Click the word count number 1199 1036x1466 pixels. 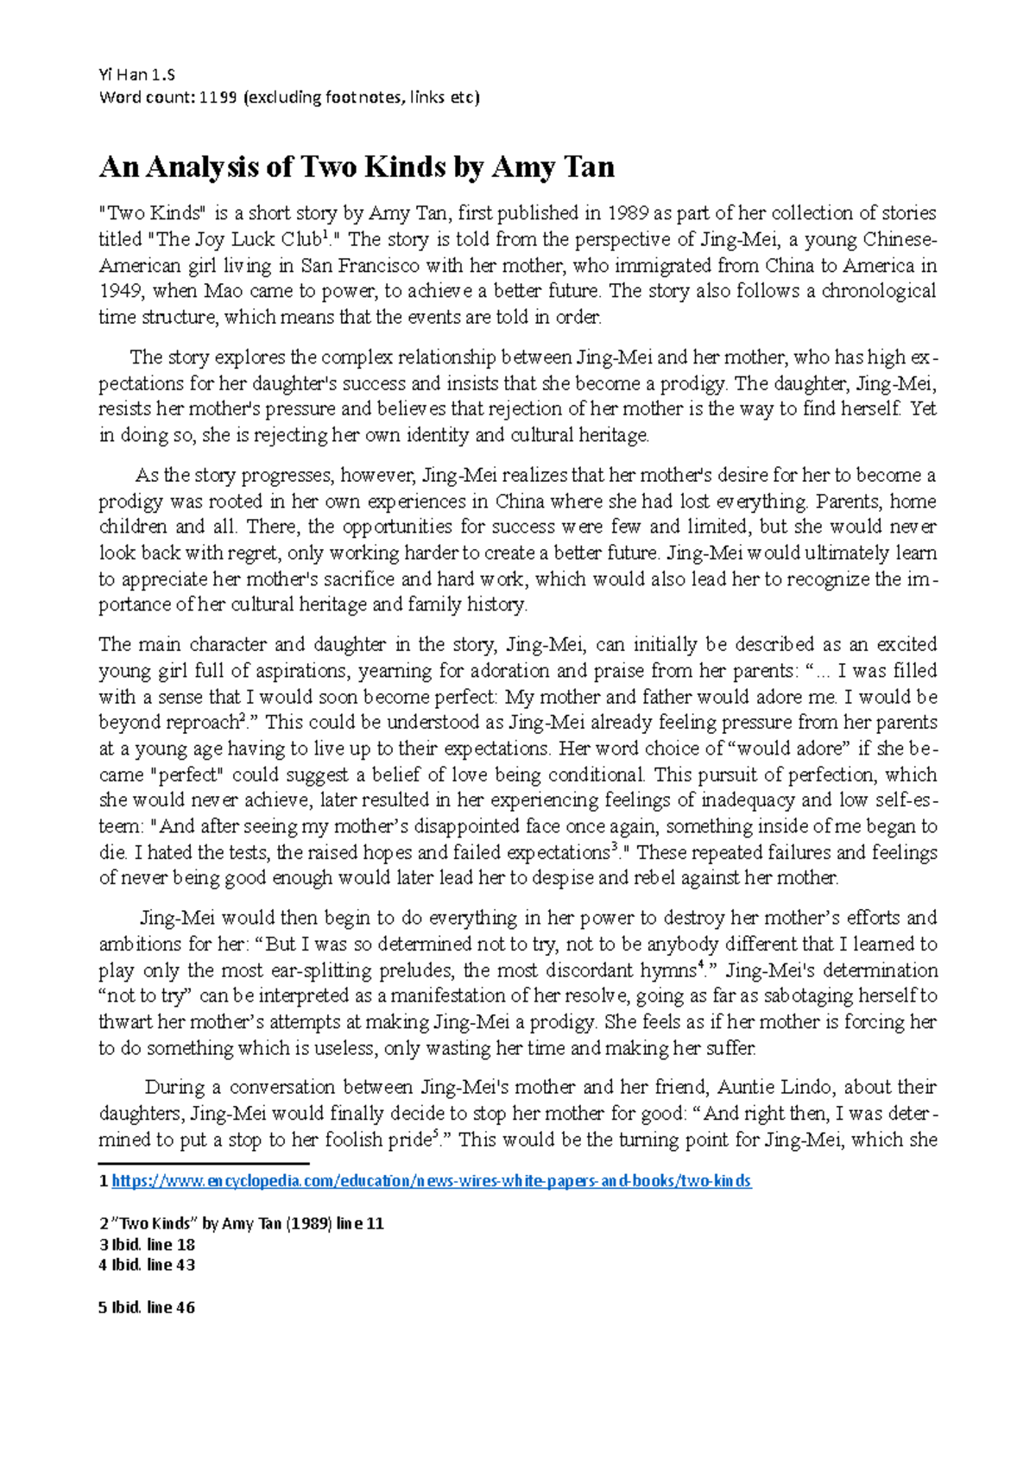pyautogui.click(x=218, y=97)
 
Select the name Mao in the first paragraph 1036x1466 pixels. pyautogui.click(x=223, y=291)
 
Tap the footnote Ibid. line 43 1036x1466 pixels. pyautogui.click(x=148, y=1265)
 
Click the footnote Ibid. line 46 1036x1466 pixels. pyautogui.click(x=148, y=1307)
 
